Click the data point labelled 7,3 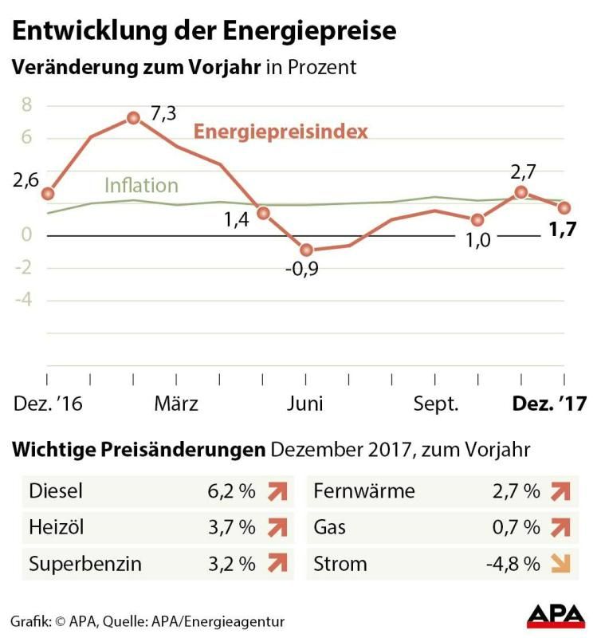(x=133, y=118)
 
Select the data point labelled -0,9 (x=306, y=250)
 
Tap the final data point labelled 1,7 (x=564, y=207)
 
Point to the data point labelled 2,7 (x=521, y=191)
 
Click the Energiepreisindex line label (x=281, y=131)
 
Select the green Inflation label (x=141, y=186)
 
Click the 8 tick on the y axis (x=26, y=104)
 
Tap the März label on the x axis (x=175, y=404)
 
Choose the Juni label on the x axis (x=305, y=404)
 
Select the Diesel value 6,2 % (x=231, y=491)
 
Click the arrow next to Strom (x=561, y=564)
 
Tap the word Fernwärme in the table (x=365, y=491)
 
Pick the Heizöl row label (x=57, y=527)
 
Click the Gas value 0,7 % (x=517, y=527)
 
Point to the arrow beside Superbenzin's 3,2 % (x=276, y=564)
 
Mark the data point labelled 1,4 (x=263, y=213)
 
